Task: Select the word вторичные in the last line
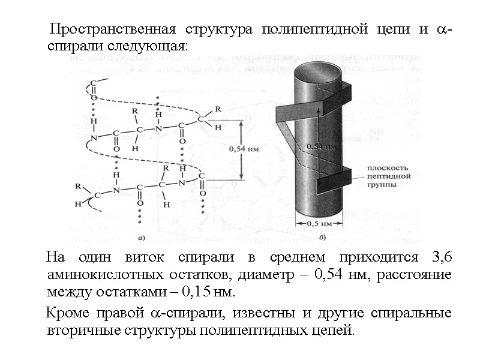point(76,331)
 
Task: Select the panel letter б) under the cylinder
point(323,238)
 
